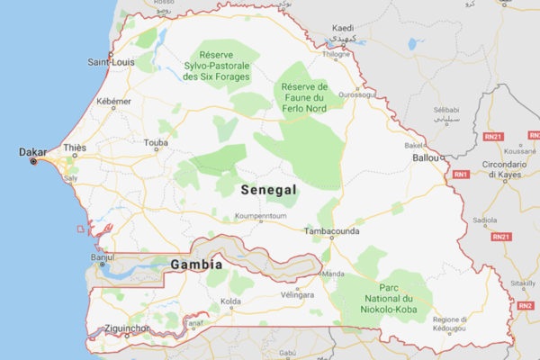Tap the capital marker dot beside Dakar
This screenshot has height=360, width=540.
pos(34,162)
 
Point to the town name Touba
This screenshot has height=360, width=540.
pos(156,142)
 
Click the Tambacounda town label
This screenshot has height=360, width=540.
pos(331,231)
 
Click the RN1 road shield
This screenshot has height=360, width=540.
pos(461,173)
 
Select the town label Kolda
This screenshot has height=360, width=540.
pos(231,301)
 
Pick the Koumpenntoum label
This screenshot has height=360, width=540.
pos(260,217)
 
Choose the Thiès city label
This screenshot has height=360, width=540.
pos(75,148)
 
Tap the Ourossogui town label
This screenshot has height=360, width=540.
pos(356,93)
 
